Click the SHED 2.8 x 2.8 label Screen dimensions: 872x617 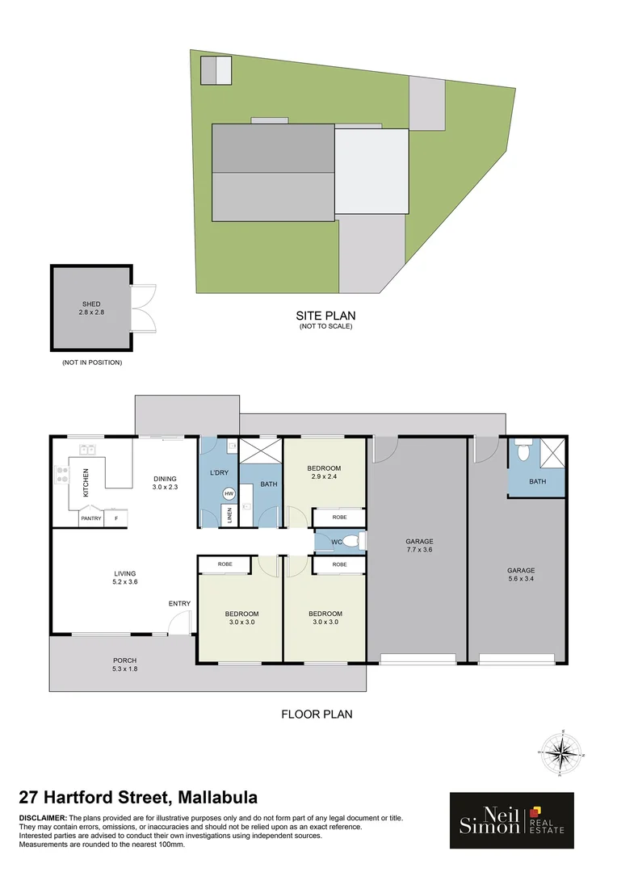90,308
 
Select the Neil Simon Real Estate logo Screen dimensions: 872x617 511,820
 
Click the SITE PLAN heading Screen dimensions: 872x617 326,316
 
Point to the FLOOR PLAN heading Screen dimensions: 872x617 316,714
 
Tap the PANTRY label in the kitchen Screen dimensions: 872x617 91,518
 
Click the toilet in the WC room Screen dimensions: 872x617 359,540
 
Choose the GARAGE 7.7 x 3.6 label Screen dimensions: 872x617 419,546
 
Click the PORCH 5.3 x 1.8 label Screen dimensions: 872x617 124,664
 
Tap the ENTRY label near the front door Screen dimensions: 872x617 179,603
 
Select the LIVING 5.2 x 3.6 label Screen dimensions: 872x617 124,577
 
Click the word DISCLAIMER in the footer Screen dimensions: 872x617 44,818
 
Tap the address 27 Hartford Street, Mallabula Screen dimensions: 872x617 138,798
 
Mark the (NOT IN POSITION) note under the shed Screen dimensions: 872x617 91,363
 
